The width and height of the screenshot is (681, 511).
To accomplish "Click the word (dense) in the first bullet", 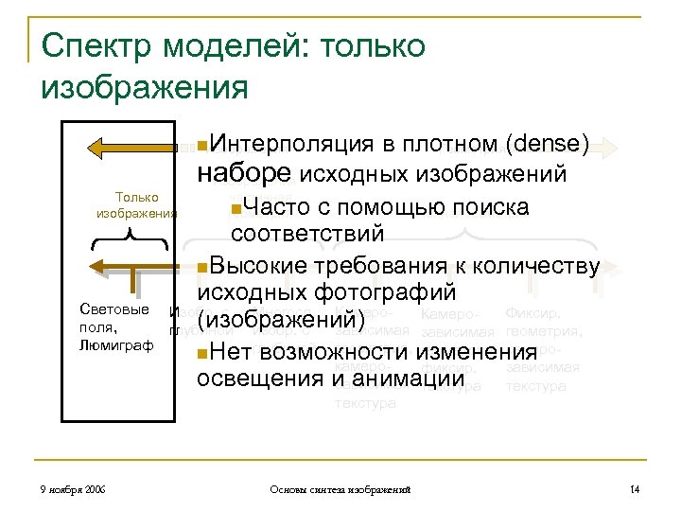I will tap(549, 144).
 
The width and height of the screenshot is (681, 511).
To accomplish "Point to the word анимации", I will tap(385, 380).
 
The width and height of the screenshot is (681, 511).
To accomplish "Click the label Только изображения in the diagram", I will tap(137, 205).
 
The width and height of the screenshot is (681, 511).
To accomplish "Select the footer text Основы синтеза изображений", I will tap(340, 488).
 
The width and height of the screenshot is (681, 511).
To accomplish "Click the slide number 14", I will tap(635, 488).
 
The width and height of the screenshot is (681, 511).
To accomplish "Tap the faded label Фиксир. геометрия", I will tap(544, 322).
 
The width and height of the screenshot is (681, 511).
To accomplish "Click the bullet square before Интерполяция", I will tap(202, 146).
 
